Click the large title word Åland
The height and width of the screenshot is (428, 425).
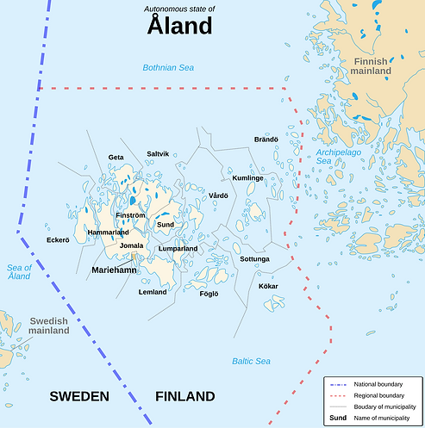pos(179,26)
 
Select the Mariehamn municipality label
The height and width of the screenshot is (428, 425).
pos(114,270)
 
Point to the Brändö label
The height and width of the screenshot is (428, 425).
pos(266,139)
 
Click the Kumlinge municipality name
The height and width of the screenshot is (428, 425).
pos(247,177)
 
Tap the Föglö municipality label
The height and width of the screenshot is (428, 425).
pos(209,294)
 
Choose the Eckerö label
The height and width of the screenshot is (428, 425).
pos(57,239)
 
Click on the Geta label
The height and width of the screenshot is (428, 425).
pos(116,157)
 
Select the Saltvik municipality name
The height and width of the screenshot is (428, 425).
pos(158,153)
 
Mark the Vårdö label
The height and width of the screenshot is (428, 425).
pos(218,196)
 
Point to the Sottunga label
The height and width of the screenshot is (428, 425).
pos(254,258)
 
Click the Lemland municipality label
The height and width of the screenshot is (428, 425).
pos(153,292)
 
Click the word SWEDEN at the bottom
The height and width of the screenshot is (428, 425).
pos(79,396)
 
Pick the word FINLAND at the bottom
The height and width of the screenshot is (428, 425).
pos(184,396)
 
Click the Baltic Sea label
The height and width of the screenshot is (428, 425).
pos(251,361)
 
